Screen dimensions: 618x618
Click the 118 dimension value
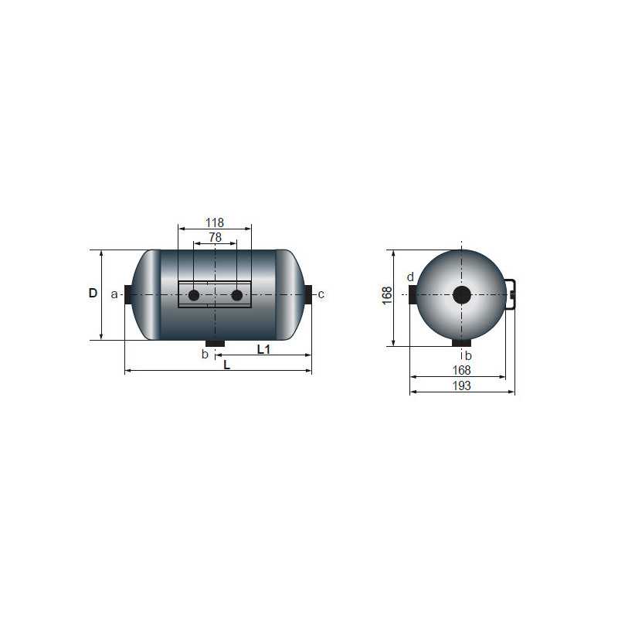(215, 222)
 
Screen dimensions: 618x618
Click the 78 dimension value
(215, 238)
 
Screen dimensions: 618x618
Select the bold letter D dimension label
(93, 294)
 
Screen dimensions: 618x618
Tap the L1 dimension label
(263, 349)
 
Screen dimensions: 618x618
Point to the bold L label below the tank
(226, 365)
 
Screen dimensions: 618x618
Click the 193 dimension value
(461, 386)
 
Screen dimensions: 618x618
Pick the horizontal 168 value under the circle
(461, 370)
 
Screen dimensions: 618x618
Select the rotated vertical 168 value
(387, 295)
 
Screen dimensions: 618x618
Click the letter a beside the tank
(114, 294)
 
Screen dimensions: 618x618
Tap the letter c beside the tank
(321, 294)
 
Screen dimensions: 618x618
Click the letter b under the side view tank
(204, 354)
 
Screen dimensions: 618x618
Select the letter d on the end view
(410, 277)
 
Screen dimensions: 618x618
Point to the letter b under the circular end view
(468, 355)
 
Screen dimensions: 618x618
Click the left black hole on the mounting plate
(194, 295)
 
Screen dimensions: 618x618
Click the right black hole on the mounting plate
(236, 295)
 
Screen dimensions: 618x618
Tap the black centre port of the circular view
(462, 294)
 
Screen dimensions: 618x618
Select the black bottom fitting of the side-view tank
(215, 343)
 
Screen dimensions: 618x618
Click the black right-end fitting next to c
(308, 294)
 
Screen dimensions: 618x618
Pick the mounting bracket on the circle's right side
(511, 294)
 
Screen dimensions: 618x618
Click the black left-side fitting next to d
(413, 294)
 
